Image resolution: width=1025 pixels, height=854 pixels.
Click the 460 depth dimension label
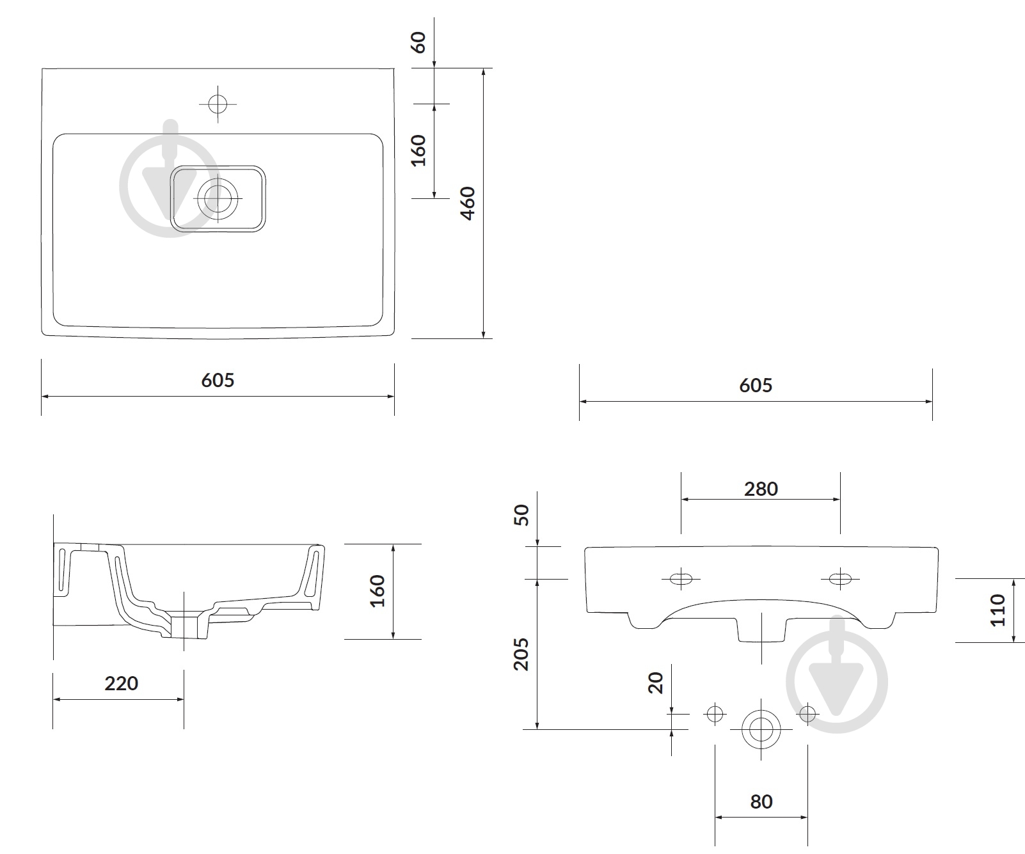coord(468,203)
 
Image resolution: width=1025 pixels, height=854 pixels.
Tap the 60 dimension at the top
coord(418,43)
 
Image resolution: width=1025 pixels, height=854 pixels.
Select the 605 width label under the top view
coord(218,380)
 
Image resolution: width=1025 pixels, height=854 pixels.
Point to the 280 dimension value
coord(761,489)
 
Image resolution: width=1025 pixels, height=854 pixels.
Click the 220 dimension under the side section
coord(121,683)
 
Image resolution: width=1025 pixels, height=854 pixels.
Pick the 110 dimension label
coord(998,610)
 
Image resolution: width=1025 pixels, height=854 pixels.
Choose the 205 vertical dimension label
coord(522,653)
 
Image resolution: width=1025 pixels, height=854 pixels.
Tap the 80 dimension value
coord(761,802)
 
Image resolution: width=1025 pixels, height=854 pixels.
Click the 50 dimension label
coord(522,515)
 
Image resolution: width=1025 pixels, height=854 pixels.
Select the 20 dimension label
coord(656,683)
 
